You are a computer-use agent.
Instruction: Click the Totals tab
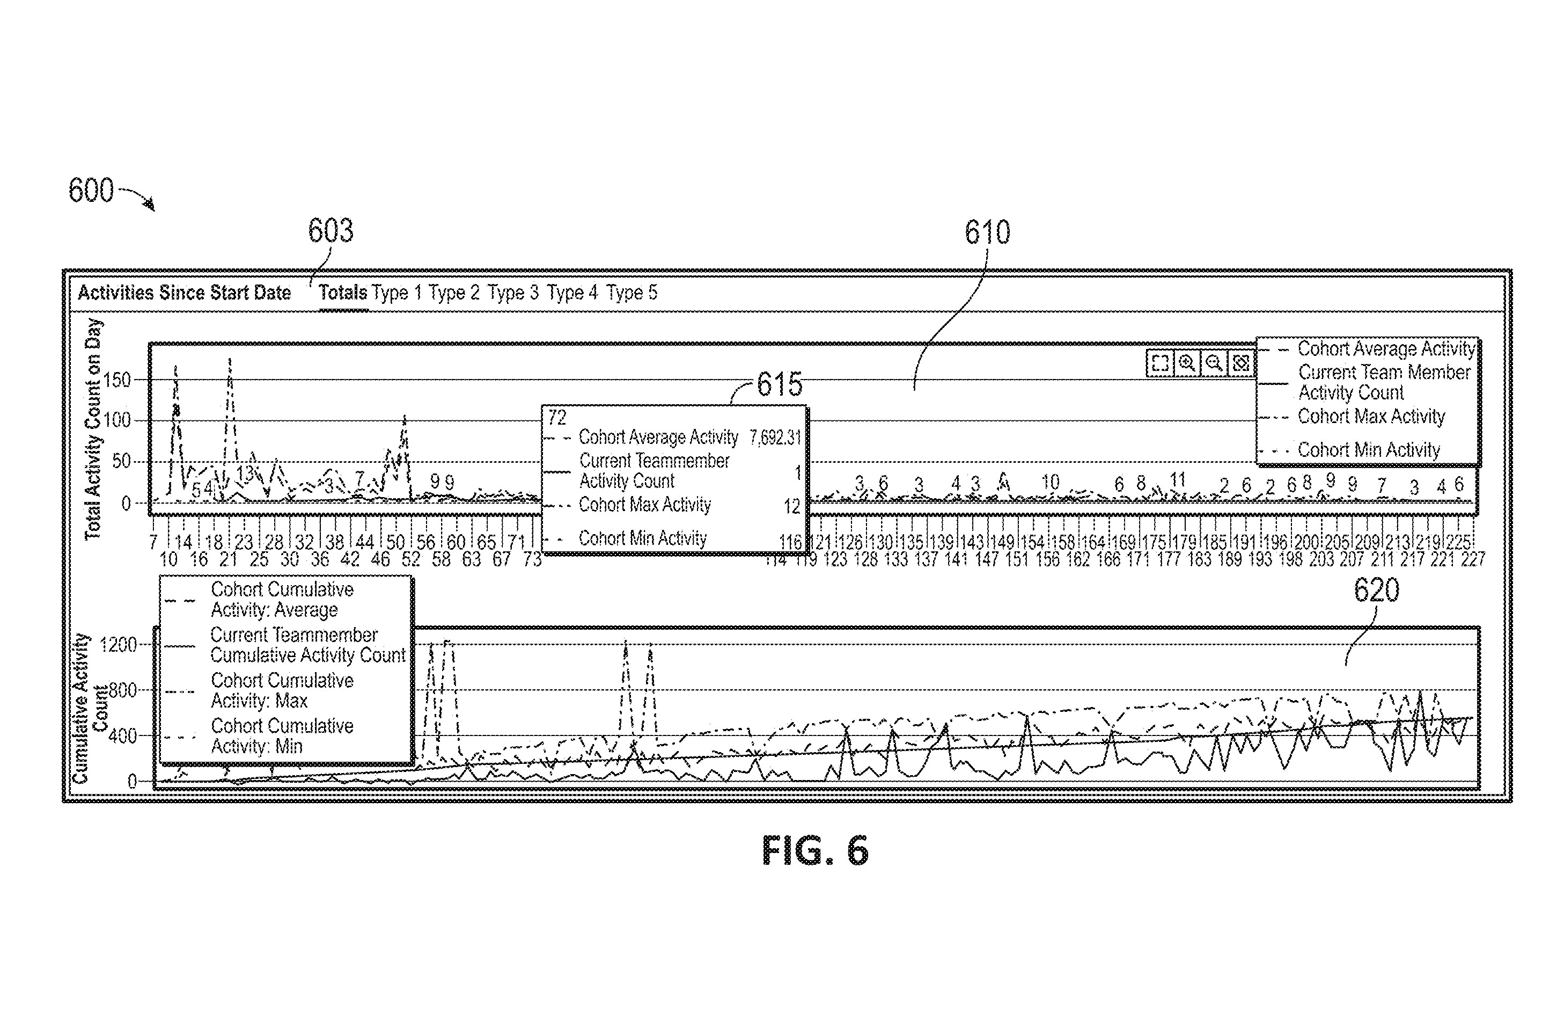[342, 293]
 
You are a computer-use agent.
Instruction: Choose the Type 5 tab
[631, 293]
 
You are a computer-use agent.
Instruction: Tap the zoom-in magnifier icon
[1187, 363]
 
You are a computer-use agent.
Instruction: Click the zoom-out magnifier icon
[1214, 363]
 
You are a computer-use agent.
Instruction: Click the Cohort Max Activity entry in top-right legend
[1371, 417]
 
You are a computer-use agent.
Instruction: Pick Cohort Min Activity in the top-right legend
[1368, 450]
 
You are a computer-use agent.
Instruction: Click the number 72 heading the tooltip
[556, 418]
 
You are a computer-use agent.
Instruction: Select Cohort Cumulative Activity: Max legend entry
[281, 690]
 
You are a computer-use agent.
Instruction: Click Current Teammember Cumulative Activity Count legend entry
[306, 645]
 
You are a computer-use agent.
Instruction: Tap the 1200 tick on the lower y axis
[118, 645]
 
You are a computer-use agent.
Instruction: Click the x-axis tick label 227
[1473, 559]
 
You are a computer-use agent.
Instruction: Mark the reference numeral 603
[331, 231]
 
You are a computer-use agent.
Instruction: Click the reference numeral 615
[780, 384]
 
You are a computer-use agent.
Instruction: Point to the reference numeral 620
[1376, 589]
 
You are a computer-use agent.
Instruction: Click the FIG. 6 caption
[815, 851]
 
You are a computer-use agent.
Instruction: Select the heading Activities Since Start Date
[184, 293]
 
